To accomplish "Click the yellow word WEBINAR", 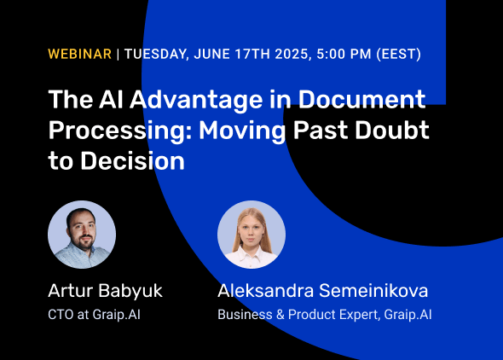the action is coord(79,54).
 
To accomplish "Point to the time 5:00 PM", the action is coord(344,54).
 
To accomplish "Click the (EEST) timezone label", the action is coord(399,54).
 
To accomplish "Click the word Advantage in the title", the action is coord(196,100).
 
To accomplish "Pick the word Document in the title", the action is coord(361,99).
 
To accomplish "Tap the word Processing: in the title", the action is coord(120,131).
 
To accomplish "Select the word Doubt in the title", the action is coord(392,130).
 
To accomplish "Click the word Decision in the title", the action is coord(132,160).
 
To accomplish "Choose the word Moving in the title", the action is coord(242,131).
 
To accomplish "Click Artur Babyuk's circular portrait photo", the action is coord(82,235).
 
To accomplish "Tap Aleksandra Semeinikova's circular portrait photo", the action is coord(251,235).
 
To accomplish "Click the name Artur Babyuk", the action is coord(105,292).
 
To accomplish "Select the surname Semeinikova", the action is coord(373,291).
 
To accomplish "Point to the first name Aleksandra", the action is coord(266,291).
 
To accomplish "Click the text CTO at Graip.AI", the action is coord(94,315).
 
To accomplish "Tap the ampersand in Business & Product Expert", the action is coord(280,315).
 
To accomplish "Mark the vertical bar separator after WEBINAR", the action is coord(118,54).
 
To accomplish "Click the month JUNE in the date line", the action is coord(211,54).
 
